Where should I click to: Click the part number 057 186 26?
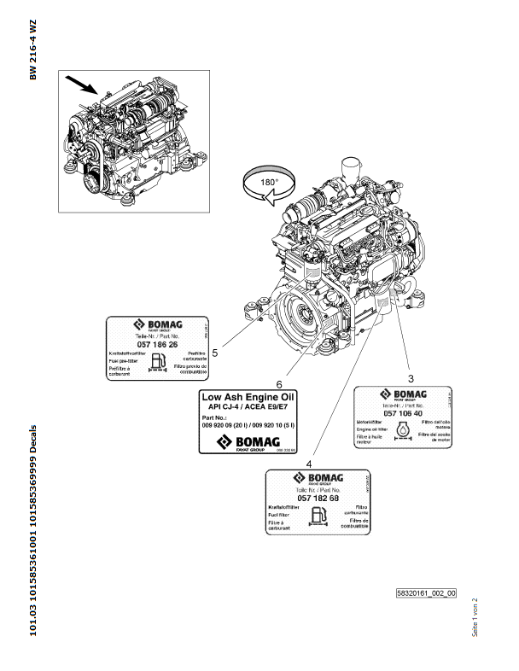156,343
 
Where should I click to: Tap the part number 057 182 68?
316,498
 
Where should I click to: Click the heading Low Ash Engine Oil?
247,396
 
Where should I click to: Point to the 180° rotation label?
266,184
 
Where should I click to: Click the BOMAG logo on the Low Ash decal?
247,441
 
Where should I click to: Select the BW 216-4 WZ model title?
33,50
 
